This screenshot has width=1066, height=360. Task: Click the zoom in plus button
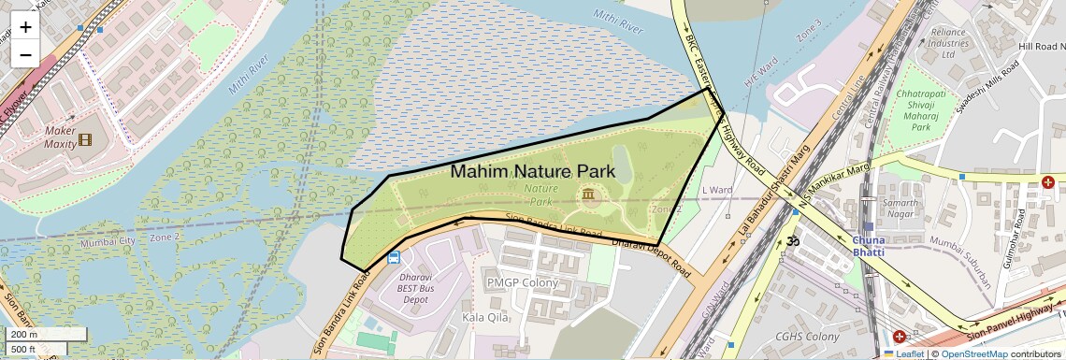point(25,26)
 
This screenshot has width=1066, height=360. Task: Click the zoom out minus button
point(25,54)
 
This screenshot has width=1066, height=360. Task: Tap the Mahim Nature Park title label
point(532,171)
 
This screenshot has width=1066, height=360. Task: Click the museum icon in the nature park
point(588,194)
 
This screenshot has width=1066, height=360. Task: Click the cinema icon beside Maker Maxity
point(86,140)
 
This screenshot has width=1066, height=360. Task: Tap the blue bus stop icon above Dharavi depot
point(394,256)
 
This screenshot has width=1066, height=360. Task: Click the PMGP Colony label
point(522,282)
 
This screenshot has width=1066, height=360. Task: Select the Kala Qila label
point(485,318)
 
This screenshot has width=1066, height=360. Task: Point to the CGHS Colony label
point(807,337)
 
